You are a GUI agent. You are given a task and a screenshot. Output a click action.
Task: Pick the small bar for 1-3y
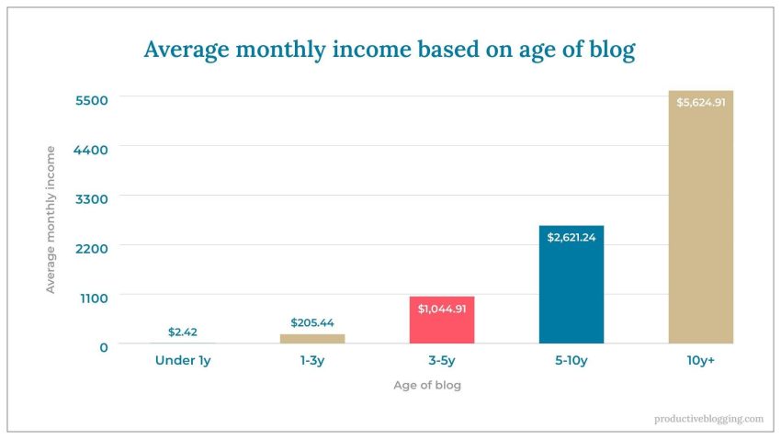312,339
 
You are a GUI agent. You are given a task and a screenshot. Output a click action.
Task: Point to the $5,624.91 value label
700,102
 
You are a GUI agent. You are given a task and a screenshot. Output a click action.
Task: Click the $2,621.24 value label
572,237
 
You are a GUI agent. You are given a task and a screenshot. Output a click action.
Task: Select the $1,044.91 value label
442,309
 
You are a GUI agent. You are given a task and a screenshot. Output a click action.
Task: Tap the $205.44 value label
312,322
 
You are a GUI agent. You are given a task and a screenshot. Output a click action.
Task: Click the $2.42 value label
183,332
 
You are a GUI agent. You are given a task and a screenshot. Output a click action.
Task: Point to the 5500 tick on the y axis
91,99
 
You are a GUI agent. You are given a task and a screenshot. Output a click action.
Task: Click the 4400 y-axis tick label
91,149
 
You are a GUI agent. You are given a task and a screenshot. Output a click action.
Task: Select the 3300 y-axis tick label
91,197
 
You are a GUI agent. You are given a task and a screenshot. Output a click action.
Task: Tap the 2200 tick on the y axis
91,247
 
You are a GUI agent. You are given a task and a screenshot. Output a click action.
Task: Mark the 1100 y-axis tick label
92,297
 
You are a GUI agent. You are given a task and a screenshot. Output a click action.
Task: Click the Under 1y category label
183,361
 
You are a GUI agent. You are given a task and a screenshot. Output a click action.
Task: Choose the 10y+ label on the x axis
700,361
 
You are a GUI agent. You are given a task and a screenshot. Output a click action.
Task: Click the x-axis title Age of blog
427,386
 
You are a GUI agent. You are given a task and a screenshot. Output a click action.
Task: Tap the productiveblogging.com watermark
708,419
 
